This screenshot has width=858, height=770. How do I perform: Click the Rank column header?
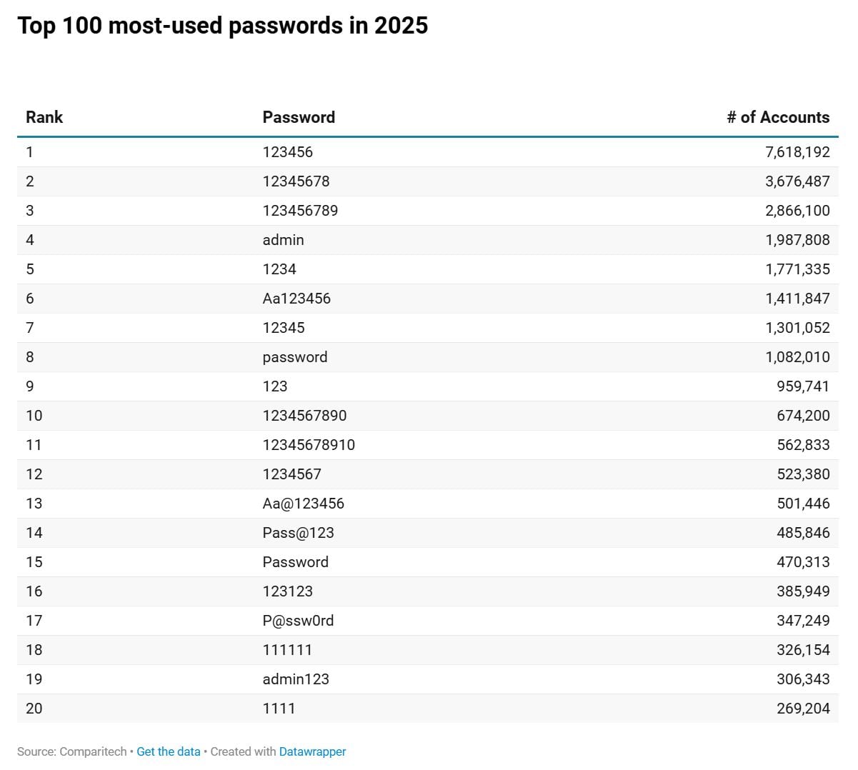44,117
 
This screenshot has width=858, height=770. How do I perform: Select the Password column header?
299,117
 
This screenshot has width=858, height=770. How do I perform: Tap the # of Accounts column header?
778,117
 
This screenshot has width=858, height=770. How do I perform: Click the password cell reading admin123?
296,679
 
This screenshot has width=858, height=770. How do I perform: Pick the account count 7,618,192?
797,152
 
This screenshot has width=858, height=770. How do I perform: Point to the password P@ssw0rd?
298,620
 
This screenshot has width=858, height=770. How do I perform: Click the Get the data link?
169,751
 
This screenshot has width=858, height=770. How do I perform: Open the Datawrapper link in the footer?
312,751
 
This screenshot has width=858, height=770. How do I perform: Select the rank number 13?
34,503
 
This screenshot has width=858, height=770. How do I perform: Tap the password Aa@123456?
303,503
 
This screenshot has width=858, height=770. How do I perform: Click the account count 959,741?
803,386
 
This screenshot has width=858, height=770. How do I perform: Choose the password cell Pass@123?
298,532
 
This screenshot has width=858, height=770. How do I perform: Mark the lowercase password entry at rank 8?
295,357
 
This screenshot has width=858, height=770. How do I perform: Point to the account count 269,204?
803,708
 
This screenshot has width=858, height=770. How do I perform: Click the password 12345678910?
309,444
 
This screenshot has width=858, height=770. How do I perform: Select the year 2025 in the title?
401,26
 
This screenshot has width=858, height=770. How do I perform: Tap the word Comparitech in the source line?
93,751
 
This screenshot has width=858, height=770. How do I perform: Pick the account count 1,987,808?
797,240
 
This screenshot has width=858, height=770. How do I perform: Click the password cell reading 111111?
287,649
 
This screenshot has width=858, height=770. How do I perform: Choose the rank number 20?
34,708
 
